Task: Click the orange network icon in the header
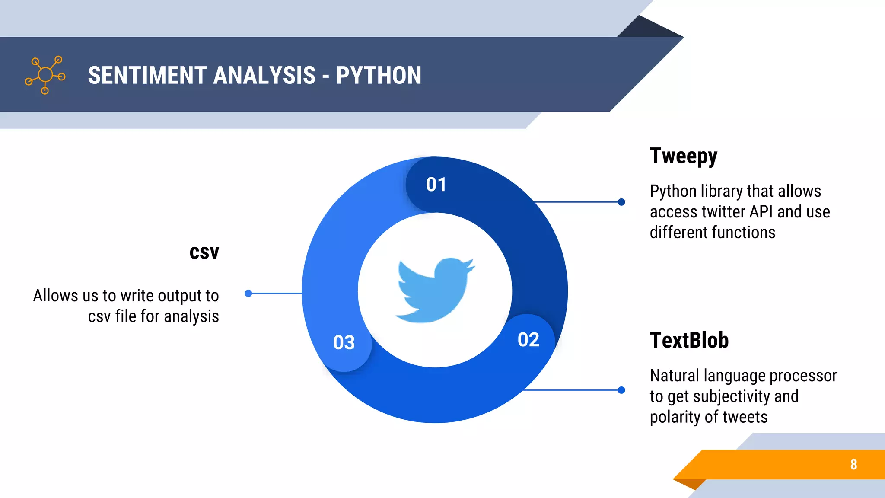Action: pos(45,75)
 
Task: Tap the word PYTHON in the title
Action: pos(379,75)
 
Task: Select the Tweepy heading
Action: pos(683,156)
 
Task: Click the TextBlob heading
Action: pos(689,340)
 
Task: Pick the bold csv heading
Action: pos(204,252)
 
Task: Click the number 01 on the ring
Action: pos(436,185)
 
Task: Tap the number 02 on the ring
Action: pos(528,340)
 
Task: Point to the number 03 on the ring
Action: pos(344,342)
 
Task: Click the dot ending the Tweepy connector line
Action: pos(621,202)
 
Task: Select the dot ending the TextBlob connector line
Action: pos(621,390)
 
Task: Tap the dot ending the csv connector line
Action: pos(248,294)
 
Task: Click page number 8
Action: pos(853,464)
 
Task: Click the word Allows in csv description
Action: pos(56,296)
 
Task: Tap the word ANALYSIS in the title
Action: pos(264,75)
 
